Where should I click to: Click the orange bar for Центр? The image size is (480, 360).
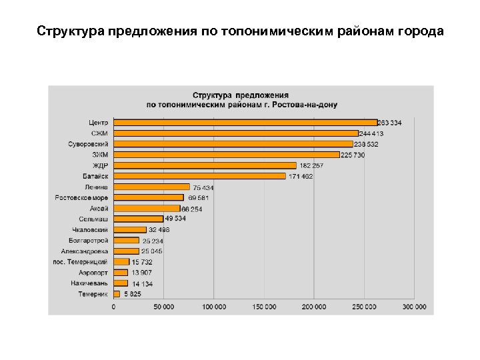tap(245, 123)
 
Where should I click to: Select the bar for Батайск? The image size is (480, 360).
tap(199, 176)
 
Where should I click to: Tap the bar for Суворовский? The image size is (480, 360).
tap(233, 144)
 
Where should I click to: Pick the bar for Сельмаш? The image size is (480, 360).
tap(138, 219)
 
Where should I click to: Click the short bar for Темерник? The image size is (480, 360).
tap(117, 294)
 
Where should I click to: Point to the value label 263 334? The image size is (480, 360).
tap(390, 123)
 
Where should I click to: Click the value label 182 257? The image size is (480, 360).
tap(311, 165)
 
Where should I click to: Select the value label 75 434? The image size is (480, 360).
tap(203, 187)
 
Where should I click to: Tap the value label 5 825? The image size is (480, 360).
tap(132, 294)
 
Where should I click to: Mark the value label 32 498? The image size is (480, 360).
tap(159, 230)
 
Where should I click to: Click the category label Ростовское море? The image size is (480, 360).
tap(81, 198)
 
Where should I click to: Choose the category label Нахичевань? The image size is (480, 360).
tap(89, 283)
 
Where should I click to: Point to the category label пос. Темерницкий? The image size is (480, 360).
tap(80, 262)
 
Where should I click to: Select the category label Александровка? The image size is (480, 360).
tap(85, 251)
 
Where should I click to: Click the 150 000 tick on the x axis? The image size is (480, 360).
tap(264, 307)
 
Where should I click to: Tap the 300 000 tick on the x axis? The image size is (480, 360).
tap(415, 307)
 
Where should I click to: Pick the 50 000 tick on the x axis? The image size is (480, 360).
tap(163, 307)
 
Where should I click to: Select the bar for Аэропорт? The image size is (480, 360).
tap(121, 273)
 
